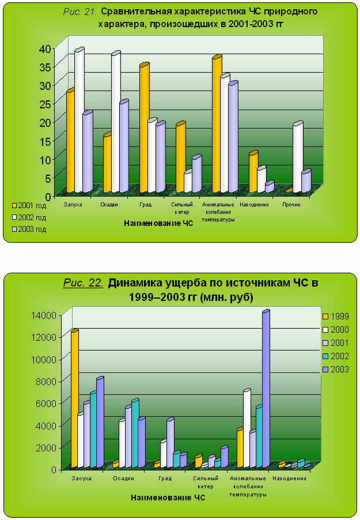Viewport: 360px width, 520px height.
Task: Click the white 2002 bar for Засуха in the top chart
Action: tap(78, 121)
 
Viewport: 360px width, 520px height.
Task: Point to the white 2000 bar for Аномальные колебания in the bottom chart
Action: tap(247, 429)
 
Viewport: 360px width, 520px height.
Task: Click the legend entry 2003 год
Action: tap(32, 229)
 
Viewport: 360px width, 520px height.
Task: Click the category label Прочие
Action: tap(291, 205)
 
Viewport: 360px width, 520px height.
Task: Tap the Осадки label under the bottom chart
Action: tap(124, 478)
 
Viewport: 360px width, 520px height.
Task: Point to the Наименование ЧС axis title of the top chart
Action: tap(158, 223)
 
